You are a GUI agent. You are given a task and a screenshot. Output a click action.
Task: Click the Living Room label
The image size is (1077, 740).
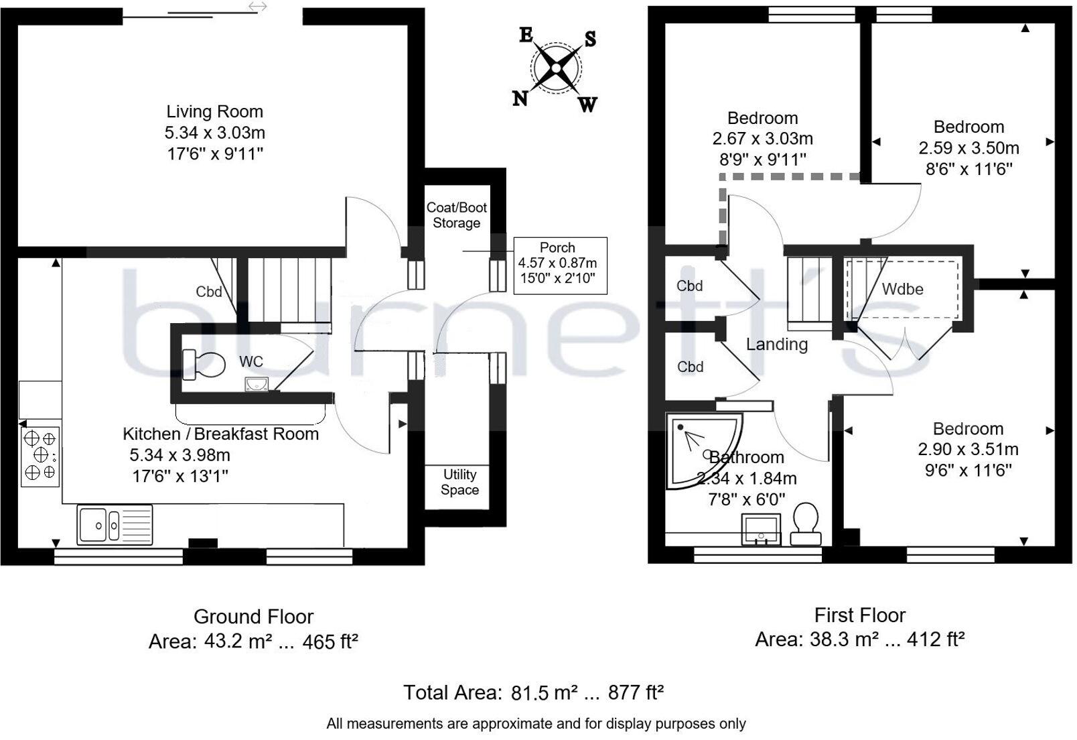(x=214, y=111)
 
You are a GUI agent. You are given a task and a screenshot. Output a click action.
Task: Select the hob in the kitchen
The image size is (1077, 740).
(x=40, y=456)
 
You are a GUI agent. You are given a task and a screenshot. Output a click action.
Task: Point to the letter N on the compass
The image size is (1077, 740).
(x=520, y=99)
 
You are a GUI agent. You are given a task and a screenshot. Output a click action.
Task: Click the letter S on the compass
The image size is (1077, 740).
(x=590, y=39)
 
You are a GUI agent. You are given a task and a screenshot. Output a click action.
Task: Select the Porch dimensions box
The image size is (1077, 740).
(x=560, y=265)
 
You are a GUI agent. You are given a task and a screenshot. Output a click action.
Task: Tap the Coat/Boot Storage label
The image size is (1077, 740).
(x=457, y=215)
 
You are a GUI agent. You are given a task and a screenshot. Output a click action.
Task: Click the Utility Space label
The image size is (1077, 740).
(x=459, y=482)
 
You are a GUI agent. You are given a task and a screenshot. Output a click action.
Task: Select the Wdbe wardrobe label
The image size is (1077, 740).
(x=902, y=289)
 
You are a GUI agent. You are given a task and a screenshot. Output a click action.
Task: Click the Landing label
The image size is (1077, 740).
(x=777, y=345)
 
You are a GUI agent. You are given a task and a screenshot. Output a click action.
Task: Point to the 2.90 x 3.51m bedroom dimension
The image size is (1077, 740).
(x=968, y=449)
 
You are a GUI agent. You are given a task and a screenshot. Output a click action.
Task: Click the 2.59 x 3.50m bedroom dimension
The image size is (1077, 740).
(x=968, y=147)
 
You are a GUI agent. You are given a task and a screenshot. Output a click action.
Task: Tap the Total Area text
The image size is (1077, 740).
(x=533, y=692)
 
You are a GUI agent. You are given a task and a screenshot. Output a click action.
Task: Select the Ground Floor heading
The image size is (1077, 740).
(x=253, y=617)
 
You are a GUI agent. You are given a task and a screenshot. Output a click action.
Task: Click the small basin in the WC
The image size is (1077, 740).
(x=257, y=384)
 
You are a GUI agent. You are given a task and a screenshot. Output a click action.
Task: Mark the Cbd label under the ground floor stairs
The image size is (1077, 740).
(x=208, y=292)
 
